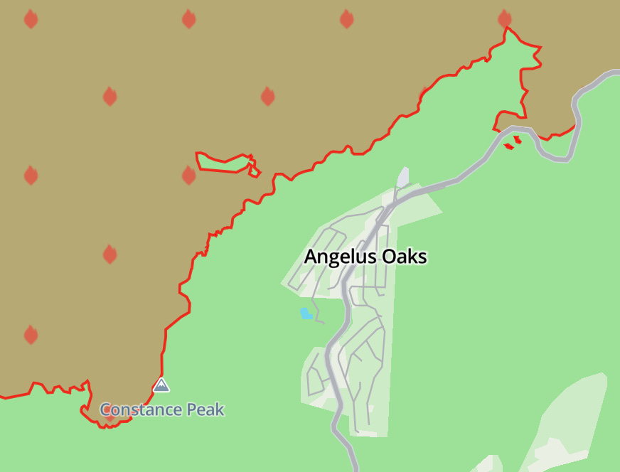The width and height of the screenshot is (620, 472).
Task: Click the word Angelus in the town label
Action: tap(341, 257)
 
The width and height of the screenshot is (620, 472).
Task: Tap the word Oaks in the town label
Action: tap(405, 257)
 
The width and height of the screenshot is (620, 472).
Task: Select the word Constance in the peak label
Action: tap(140, 410)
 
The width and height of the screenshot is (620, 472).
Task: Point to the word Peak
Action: tap(205, 410)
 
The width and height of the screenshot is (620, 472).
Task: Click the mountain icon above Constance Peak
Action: tap(161, 386)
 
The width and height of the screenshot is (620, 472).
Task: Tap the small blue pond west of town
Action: tap(306, 313)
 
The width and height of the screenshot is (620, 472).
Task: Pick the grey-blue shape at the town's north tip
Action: tap(403, 176)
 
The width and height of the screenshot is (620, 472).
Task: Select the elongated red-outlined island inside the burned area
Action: tap(225, 162)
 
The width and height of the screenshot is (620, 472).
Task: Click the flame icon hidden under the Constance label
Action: tap(109, 412)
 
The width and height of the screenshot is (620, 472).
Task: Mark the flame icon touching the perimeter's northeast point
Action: tap(504, 19)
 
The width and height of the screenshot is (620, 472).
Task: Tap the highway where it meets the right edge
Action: tap(616, 74)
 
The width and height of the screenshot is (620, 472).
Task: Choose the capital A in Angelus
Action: tap(311, 257)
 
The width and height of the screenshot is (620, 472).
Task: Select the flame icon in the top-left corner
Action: tap(31, 19)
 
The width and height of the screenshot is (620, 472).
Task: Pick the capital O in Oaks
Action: tap(389, 257)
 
